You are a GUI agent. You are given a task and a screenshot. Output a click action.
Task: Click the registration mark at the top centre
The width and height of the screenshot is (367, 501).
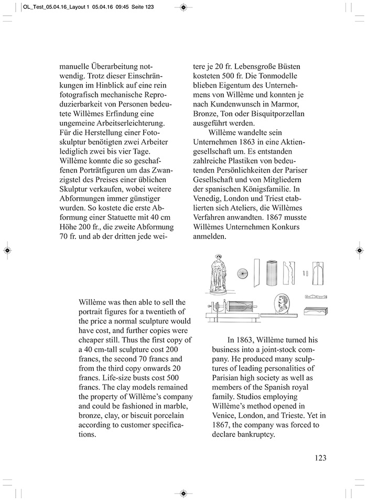pyautogui.click(x=183, y=7)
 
